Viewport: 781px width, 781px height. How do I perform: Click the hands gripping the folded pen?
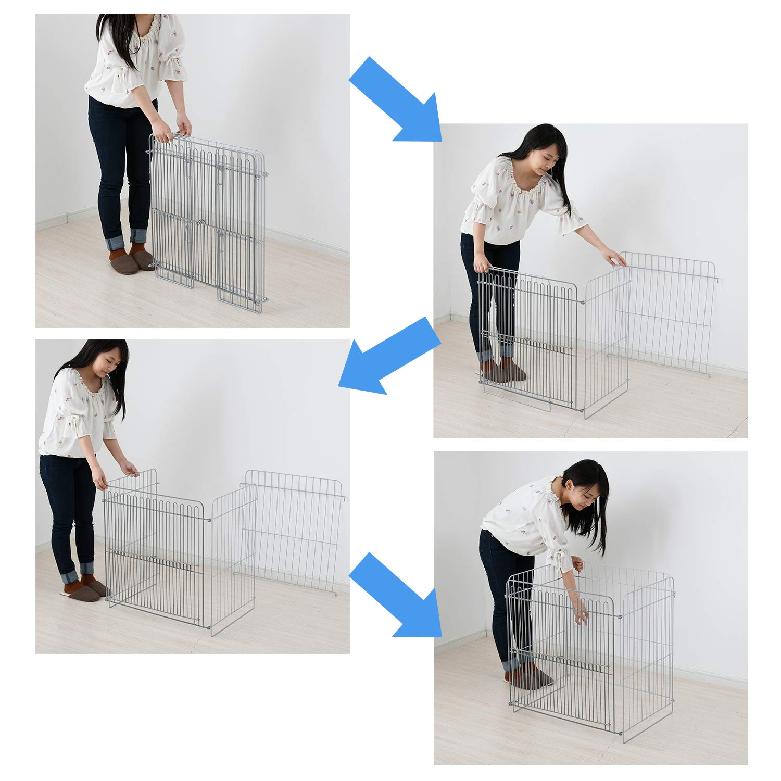coord(172,133)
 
